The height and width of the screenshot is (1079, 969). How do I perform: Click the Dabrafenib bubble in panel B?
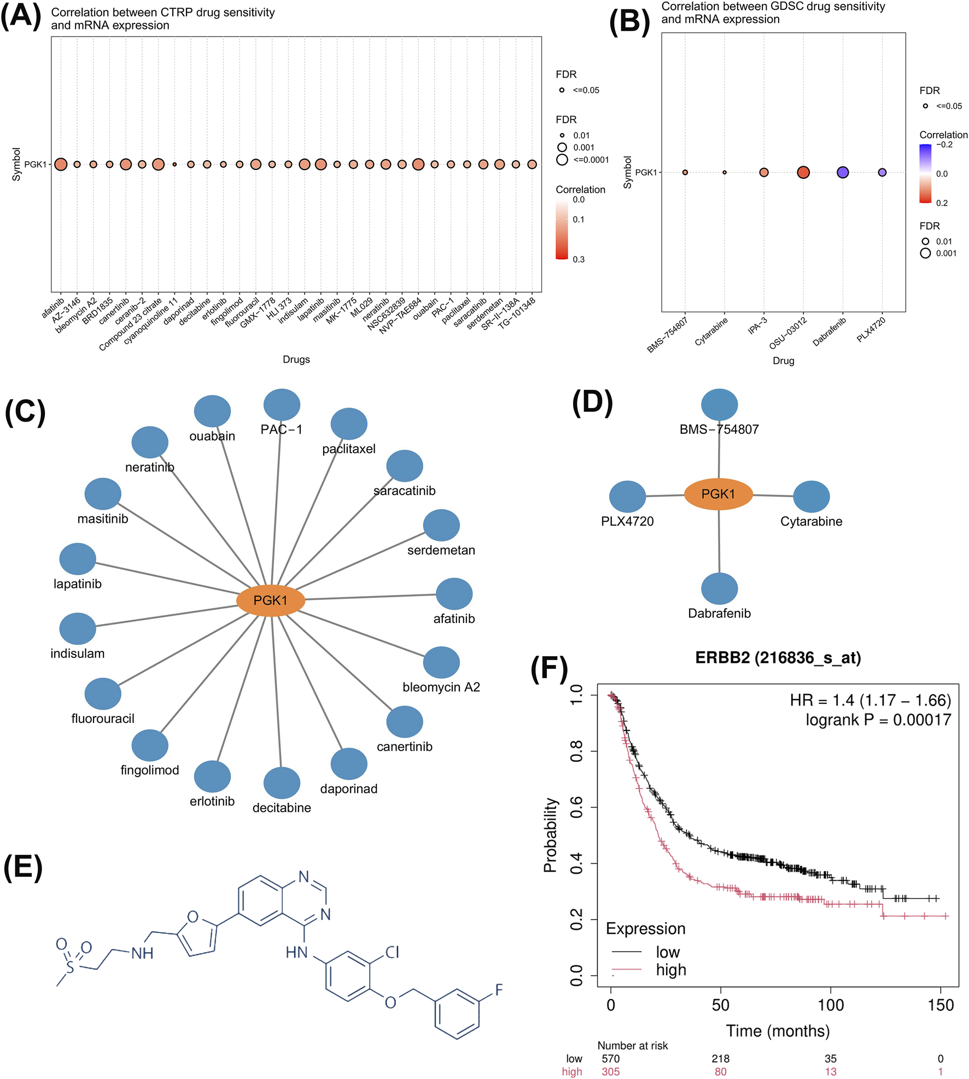click(x=842, y=172)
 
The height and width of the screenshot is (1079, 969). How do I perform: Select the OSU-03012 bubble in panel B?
click(x=803, y=172)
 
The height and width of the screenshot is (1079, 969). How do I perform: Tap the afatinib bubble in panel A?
click(x=61, y=164)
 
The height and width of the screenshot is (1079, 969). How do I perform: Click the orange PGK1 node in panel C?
click(x=270, y=600)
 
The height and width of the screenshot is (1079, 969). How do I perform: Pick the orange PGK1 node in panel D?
click(x=718, y=494)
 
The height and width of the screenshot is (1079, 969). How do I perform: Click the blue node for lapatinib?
click(x=78, y=559)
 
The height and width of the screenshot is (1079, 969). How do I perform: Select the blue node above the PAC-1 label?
click(x=282, y=405)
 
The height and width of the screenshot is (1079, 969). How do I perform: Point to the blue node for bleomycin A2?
click(x=441, y=662)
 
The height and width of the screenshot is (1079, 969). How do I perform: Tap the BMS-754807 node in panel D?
click(x=719, y=405)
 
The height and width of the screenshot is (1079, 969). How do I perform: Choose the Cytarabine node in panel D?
click(x=811, y=497)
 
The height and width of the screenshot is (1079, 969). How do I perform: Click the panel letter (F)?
click(x=549, y=669)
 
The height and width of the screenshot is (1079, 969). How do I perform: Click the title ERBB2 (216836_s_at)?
click(x=778, y=658)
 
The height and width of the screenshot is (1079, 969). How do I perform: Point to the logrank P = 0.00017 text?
click(x=878, y=720)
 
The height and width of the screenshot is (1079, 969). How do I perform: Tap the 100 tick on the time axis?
click(x=830, y=1005)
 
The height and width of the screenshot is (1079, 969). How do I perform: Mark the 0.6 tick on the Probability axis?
click(x=576, y=807)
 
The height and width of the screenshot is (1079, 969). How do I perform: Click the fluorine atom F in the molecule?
click(x=499, y=989)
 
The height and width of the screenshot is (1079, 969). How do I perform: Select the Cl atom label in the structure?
click(x=392, y=952)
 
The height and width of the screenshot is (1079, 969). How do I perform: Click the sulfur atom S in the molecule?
click(x=70, y=967)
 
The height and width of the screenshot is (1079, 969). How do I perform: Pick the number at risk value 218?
click(x=720, y=1059)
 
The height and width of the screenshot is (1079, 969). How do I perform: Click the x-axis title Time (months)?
click(x=778, y=1031)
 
